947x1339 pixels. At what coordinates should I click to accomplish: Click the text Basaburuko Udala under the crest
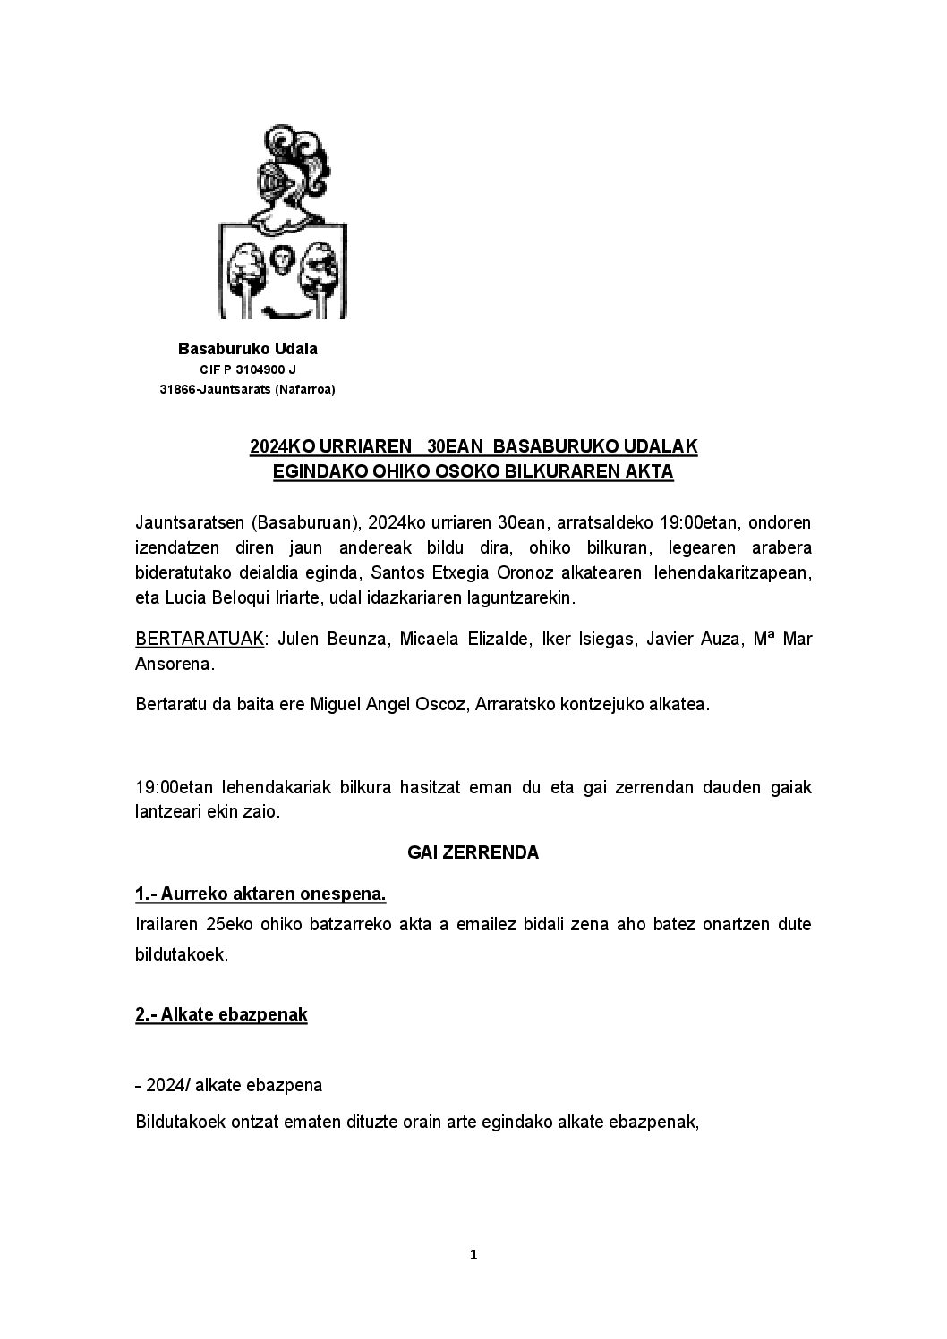pos(247,348)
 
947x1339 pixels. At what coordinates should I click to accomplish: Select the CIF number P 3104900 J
pos(260,369)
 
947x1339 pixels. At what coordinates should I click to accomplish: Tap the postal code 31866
pos(177,389)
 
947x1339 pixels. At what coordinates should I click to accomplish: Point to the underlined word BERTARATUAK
pos(199,640)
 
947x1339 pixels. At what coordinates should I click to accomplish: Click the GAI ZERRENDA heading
pos(473,852)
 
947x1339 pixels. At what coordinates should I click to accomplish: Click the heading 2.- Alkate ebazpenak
pos(221,1014)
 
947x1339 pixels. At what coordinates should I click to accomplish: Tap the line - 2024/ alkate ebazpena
pos(228,1085)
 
